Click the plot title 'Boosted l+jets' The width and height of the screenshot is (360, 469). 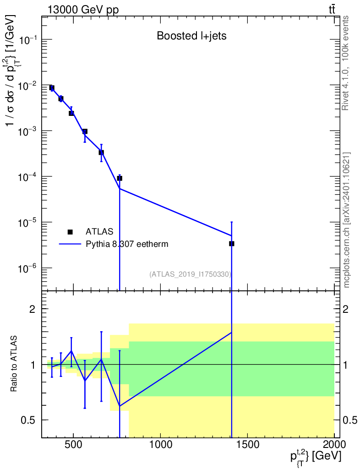191,36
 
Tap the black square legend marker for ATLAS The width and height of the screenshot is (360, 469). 70,232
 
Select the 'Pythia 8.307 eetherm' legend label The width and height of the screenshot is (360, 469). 127,244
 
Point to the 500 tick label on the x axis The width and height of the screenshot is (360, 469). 73,444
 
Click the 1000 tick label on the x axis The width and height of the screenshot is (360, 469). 160,444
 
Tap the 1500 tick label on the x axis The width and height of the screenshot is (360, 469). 247,444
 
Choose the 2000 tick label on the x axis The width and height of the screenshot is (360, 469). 334,444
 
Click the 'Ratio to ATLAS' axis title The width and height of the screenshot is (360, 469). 15,364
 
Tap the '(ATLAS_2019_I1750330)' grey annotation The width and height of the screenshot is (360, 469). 190,274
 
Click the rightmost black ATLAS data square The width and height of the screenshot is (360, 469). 232,244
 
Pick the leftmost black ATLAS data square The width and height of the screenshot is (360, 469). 52,88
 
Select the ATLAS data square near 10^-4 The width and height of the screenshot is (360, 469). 120,178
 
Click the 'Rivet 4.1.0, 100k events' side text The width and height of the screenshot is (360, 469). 346,63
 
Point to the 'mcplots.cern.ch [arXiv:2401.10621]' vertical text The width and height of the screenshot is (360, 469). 347,220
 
